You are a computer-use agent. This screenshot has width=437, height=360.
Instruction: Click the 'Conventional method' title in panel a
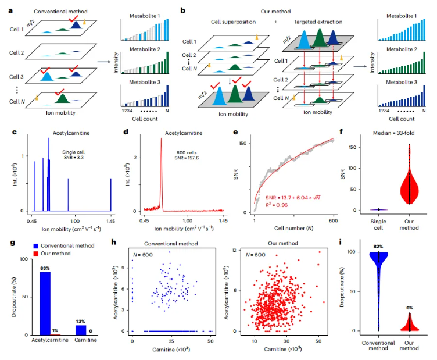coord(57,12)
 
